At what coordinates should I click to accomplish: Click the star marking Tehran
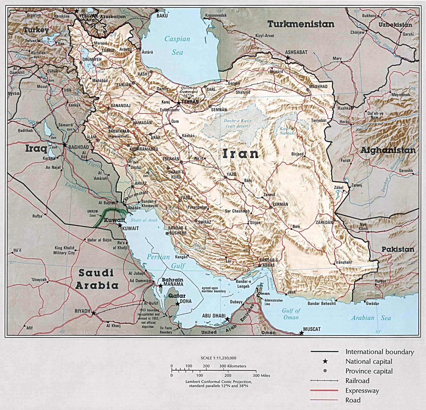pyautogui.click(x=179, y=103)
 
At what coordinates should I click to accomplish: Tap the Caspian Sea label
pyautogui.click(x=177, y=46)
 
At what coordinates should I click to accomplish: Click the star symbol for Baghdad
pyautogui.click(x=65, y=145)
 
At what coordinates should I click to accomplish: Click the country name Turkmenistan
pyautogui.click(x=301, y=24)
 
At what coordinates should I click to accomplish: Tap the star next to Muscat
pyautogui.click(x=301, y=333)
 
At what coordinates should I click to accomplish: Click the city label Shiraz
pyautogui.click(x=205, y=222)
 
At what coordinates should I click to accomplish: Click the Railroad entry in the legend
pyautogui.click(x=357, y=381)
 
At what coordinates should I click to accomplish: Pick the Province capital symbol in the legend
pyautogui.click(x=325, y=371)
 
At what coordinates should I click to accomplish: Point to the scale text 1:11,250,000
pyautogui.click(x=218, y=358)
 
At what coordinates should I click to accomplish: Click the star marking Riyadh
pyautogui.click(x=93, y=313)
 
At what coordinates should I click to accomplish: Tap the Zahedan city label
pyautogui.click(x=324, y=223)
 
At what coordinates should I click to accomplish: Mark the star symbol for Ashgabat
pyautogui.click(x=288, y=57)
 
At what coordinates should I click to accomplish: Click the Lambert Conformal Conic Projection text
pyautogui.click(x=218, y=382)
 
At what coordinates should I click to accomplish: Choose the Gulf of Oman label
pyautogui.click(x=291, y=314)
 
